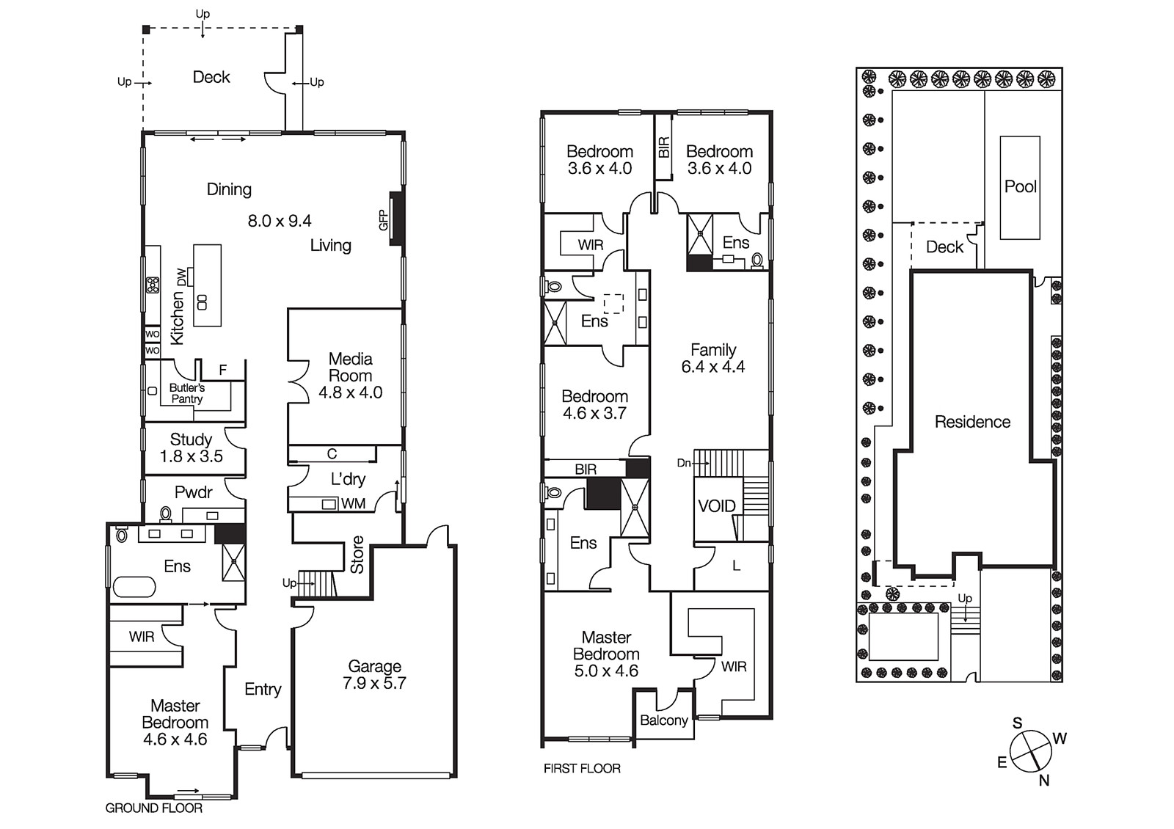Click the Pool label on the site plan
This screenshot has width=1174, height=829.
click(1020, 186)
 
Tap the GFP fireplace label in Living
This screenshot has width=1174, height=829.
click(383, 220)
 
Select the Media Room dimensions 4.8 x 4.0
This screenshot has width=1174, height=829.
click(350, 392)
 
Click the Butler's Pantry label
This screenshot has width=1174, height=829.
click(187, 393)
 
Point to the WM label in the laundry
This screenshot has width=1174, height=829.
click(353, 504)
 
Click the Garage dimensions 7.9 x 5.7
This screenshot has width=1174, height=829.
click(374, 683)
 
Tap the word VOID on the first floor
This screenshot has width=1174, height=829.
click(716, 505)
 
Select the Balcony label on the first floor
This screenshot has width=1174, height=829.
click(663, 720)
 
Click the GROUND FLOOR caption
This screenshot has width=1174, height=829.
click(153, 808)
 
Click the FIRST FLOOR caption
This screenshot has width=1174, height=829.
click(582, 768)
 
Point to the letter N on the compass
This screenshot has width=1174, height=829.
click(1043, 781)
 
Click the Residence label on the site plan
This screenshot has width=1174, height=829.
click(972, 422)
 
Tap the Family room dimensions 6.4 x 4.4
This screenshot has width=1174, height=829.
click(712, 367)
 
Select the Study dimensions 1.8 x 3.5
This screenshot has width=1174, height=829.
click(191, 456)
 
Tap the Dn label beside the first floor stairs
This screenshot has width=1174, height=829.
click(683, 463)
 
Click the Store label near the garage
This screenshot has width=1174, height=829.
click(357, 555)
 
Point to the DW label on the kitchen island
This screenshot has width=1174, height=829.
click(181, 277)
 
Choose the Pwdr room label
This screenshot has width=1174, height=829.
click(193, 492)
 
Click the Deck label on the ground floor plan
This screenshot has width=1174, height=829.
click(211, 77)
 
